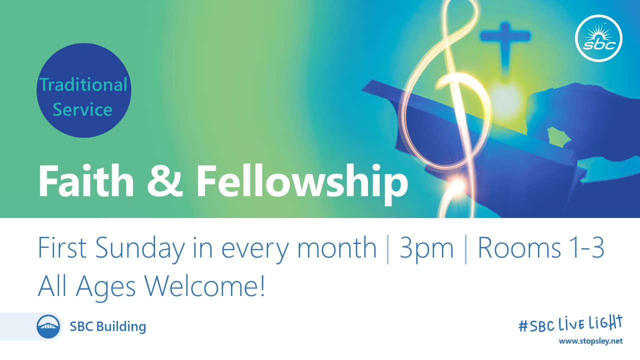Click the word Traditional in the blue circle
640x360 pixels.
point(83,84)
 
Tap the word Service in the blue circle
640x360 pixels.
point(82,109)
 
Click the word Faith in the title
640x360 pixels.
point(86,181)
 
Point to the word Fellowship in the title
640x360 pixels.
point(302,185)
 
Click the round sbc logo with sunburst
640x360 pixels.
point(599,38)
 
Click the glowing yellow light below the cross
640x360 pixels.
point(505,98)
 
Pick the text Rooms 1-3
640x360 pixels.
point(540,247)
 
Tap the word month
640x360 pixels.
point(337,247)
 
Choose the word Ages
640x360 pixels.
point(105,288)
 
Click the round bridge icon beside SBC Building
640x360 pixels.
point(48,326)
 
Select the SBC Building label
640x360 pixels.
point(108,326)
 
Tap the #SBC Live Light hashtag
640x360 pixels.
point(570,324)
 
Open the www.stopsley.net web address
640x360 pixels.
point(590,341)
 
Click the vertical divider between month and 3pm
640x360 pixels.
point(387,249)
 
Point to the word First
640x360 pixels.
point(62,247)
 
